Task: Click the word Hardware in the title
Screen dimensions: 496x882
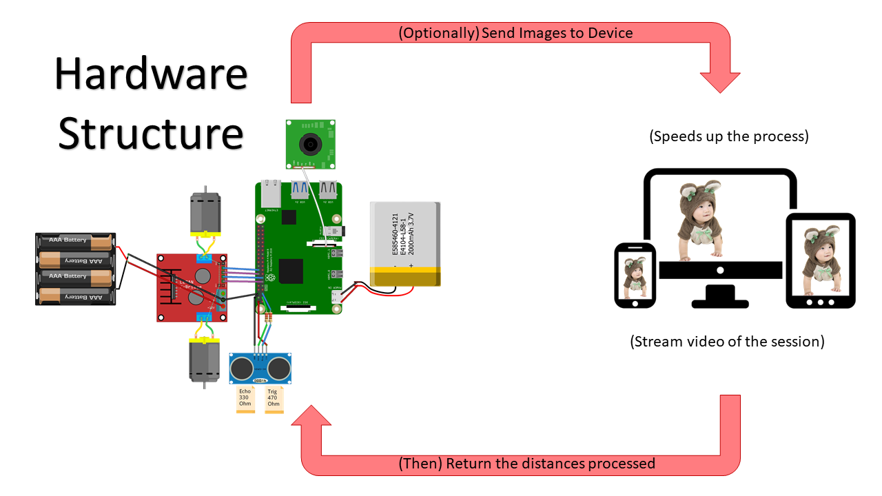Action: point(151,74)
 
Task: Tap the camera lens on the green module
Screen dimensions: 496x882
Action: point(311,143)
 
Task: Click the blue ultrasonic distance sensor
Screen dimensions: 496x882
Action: point(260,369)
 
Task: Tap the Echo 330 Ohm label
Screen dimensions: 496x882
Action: point(245,400)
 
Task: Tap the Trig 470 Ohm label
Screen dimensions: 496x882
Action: point(274,400)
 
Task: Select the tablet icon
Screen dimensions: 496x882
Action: point(821,260)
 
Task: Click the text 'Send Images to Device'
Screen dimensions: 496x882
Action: point(557,33)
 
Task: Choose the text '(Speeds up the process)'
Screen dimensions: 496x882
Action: point(728,136)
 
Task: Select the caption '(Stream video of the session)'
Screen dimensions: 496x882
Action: point(727,341)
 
